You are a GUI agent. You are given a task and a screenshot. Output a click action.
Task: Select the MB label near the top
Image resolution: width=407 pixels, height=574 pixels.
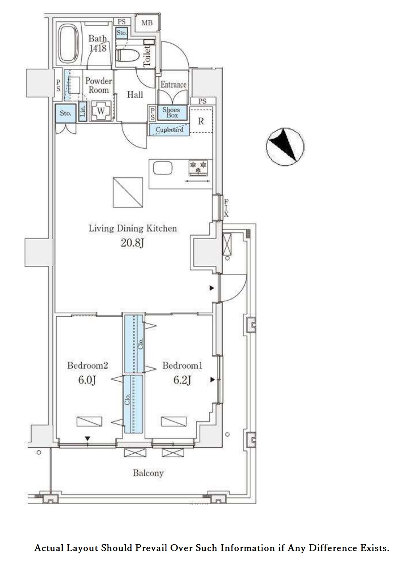[x=147, y=23]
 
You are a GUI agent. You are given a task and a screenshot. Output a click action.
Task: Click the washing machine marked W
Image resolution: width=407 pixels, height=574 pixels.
[x=101, y=111]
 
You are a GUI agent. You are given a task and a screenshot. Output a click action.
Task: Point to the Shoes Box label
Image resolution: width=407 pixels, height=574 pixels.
[x=172, y=112]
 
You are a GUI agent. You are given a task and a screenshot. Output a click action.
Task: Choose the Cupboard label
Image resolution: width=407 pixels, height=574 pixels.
[x=169, y=129]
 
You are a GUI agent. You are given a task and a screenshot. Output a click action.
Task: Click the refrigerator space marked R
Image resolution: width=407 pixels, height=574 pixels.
[x=201, y=121]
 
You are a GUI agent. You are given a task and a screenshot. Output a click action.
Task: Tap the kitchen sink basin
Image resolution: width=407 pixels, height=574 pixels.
[x=162, y=168]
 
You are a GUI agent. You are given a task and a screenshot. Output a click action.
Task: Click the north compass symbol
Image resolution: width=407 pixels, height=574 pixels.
[x=285, y=147]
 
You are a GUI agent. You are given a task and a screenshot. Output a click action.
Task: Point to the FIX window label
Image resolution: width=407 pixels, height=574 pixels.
[x=226, y=208]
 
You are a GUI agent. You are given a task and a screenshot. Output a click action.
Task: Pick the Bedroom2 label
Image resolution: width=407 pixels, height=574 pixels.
[x=88, y=365]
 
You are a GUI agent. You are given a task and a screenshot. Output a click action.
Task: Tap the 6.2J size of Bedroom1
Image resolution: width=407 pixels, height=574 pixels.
[x=182, y=380]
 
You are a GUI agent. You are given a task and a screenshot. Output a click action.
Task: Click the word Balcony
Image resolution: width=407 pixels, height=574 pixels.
[x=148, y=473]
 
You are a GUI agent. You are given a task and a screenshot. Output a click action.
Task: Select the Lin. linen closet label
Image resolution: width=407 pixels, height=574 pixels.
[x=83, y=111]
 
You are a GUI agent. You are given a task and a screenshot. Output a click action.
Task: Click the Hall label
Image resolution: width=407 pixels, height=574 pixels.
[x=135, y=95]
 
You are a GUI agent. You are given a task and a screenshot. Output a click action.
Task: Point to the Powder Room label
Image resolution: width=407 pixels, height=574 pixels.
[x=98, y=85]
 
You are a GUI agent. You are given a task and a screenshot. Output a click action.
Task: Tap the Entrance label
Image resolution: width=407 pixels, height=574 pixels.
[x=174, y=85]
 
